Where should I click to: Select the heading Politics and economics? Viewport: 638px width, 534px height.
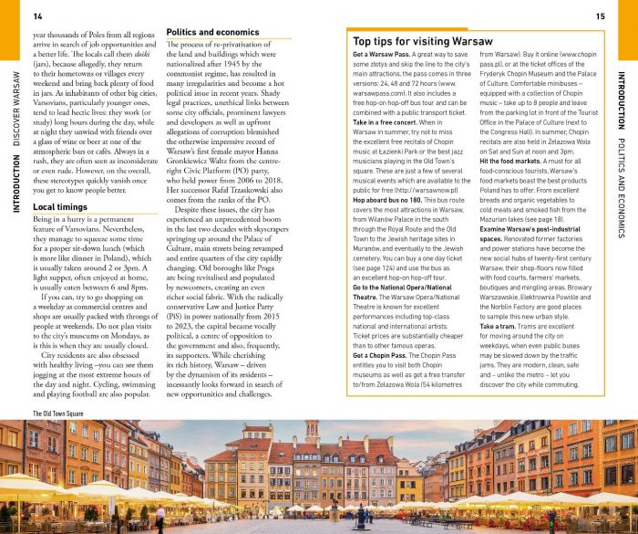(x=212, y=32)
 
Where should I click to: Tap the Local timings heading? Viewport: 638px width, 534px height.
(x=60, y=208)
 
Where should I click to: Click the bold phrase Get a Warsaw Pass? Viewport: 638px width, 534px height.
(x=381, y=56)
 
